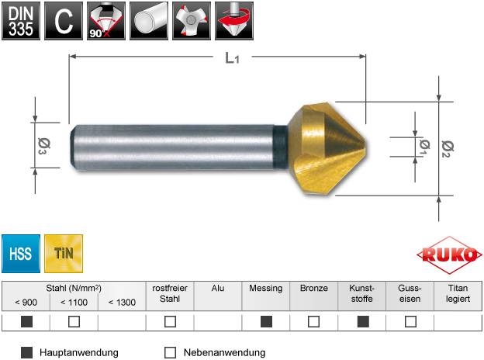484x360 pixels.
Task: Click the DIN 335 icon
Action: point(21,21)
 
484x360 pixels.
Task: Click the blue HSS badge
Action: point(21,252)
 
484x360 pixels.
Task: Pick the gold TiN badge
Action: point(64,252)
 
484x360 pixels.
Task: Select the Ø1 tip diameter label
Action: point(423,148)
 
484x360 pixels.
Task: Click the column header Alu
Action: point(218,288)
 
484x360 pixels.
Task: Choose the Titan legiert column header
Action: point(458,293)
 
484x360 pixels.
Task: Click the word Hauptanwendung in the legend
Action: point(78,352)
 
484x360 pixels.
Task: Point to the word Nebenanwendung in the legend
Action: point(224,352)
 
